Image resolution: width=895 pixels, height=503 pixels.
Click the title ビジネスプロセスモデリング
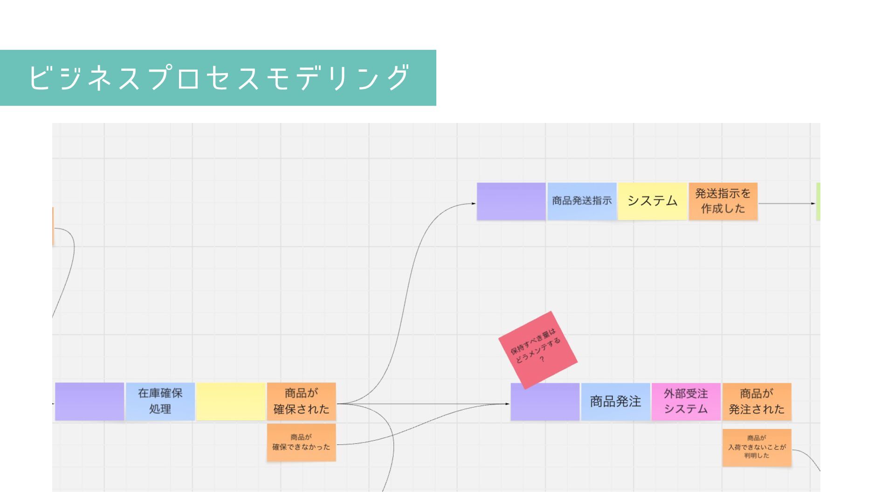click(218, 78)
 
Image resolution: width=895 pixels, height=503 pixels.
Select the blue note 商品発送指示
click(582, 201)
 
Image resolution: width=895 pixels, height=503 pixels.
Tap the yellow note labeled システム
click(652, 201)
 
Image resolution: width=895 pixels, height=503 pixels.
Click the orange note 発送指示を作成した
click(723, 201)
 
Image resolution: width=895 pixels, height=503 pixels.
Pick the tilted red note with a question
click(537, 350)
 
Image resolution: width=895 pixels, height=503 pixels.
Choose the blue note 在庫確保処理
click(160, 401)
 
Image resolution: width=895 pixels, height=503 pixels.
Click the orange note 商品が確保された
click(301, 401)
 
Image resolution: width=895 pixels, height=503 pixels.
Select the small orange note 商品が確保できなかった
click(301, 442)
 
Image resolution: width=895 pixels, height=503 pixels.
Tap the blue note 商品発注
click(615, 402)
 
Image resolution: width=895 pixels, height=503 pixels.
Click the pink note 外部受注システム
click(686, 402)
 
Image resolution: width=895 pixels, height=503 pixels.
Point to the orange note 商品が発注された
click(757, 402)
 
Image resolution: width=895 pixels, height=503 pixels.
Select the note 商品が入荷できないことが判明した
click(757, 448)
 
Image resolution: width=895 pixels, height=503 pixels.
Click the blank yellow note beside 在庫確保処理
click(231, 401)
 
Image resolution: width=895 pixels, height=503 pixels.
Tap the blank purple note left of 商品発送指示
click(511, 201)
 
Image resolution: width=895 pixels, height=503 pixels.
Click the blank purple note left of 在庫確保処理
click(89, 401)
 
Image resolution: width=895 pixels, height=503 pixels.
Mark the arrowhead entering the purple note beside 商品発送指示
click(474, 204)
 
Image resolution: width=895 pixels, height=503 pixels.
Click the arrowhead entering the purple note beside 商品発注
click(508, 404)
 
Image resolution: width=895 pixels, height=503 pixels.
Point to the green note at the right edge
click(818, 202)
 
